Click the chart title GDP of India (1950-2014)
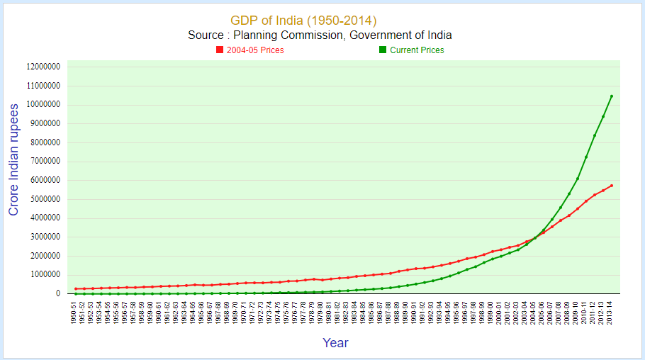click(x=303, y=20)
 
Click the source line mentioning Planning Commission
click(x=320, y=35)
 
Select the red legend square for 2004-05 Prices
click(x=220, y=50)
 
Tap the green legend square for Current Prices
click(x=383, y=50)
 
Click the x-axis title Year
click(x=335, y=343)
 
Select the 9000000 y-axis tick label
click(x=45, y=123)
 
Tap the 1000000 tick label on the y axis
click(x=45, y=274)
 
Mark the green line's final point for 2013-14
click(x=612, y=96)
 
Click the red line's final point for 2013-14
click(x=612, y=186)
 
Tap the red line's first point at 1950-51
click(x=76, y=288)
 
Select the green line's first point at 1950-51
click(x=76, y=293)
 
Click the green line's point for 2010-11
click(x=586, y=157)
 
